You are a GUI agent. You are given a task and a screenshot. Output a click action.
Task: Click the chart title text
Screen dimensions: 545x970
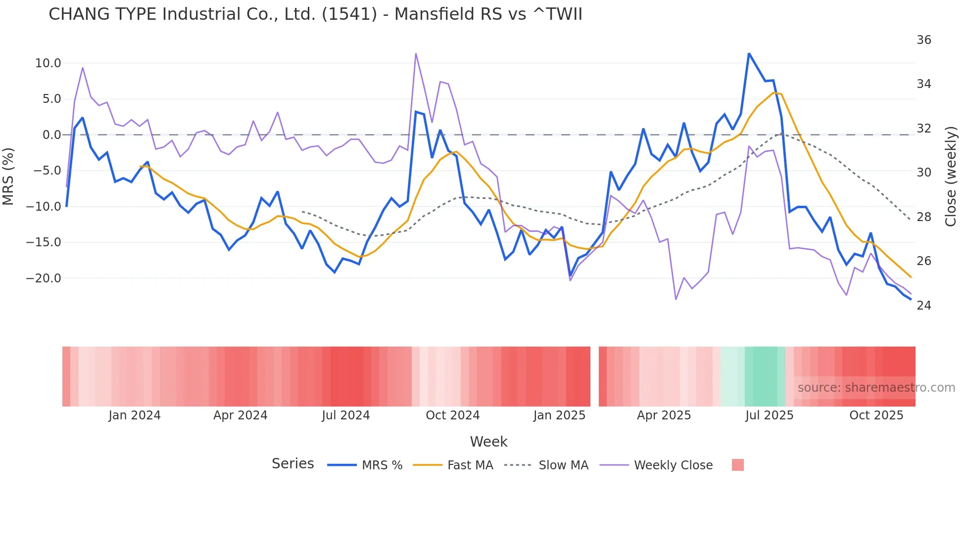pyautogui.click(x=315, y=14)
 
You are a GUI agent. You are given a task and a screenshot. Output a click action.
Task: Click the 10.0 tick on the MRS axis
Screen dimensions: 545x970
pyautogui.click(x=48, y=63)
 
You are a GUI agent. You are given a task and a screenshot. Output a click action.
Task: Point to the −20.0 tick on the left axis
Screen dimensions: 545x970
pyautogui.click(x=44, y=278)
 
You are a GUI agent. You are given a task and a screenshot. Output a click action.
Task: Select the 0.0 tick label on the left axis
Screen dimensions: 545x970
pyautogui.click(x=51, y=135)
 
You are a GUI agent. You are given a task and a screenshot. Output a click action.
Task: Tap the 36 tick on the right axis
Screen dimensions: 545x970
pyautogui.click(x=923, y=40)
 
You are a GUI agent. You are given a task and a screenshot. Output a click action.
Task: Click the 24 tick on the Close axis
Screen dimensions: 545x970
pyautogui.click(x=923, y=306)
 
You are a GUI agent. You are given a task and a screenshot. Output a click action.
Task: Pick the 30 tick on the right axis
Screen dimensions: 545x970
pyautogui.click(x=923, y=173)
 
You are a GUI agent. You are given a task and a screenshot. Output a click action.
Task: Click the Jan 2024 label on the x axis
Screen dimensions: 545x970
pyautogui.click(x=135, y=415)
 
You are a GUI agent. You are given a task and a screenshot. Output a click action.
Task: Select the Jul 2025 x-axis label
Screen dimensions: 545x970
pyautogui.click(x=769, y=415)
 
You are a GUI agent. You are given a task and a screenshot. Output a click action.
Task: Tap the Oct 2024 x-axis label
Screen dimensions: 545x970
pyautogui.click(x=452, y=415)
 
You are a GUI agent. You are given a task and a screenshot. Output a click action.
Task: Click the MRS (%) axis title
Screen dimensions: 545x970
pyautogui.click(x=8, y=176)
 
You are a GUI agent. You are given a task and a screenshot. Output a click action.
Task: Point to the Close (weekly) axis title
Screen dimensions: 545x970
pyautogui.click(x=951, y=177)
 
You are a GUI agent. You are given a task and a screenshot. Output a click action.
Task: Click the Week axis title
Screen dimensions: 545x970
pyautogui.click(x=488, y=442)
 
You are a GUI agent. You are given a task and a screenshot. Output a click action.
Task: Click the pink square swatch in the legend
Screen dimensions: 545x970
pyautogui.click(x=737, y=465)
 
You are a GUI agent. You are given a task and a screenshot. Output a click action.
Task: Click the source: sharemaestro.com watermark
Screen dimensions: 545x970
pyautogui.click(x=876, y=388)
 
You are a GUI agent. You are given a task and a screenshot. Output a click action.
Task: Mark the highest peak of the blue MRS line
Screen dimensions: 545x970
pyautogui.click(x=749, y=53)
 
